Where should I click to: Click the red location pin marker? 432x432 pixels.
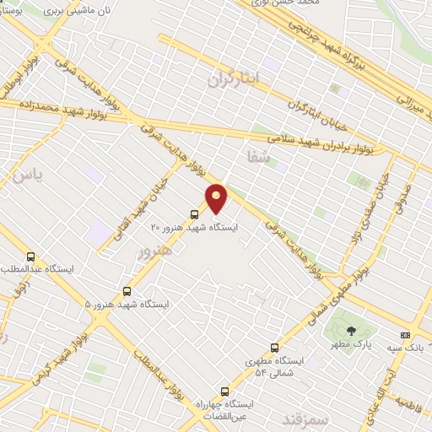(218, 198)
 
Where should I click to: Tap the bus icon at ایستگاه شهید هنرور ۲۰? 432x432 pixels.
(195, 213)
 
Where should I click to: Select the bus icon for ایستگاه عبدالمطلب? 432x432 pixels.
(31, 256)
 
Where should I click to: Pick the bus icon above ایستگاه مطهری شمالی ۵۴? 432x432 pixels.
(274, 348)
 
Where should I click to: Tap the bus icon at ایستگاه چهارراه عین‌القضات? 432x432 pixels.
(224, 391)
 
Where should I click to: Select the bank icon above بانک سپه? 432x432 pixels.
(405, 335)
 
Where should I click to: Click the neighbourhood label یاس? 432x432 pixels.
(26, 175)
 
